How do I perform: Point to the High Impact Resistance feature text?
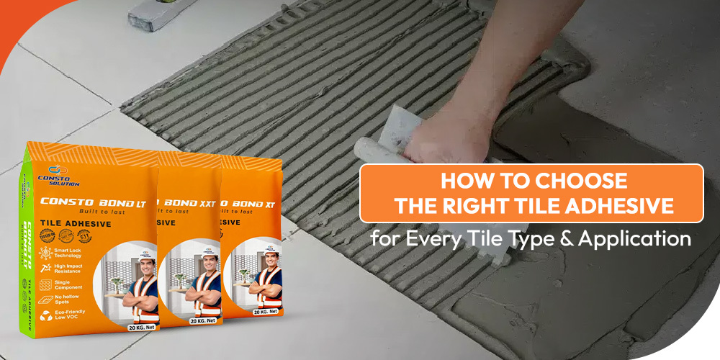coord(67,269)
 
